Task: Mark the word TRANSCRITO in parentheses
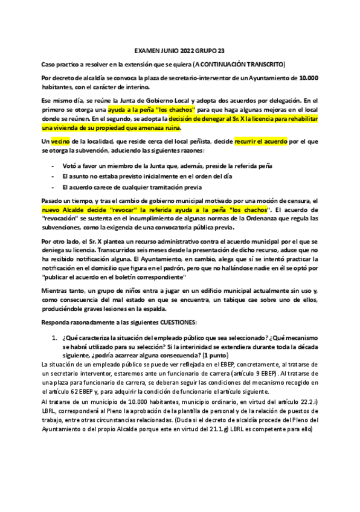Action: pos(264,64)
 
